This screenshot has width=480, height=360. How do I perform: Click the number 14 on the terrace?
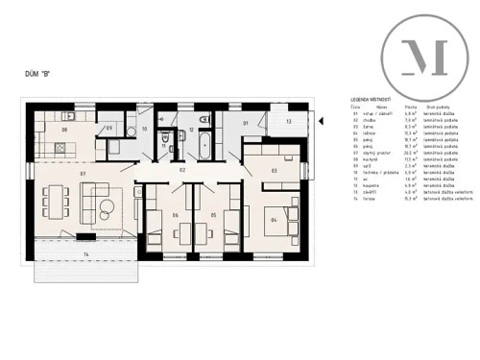click(85, 253)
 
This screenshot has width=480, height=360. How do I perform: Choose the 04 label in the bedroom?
click(275, 220)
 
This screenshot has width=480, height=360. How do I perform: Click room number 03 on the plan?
click(275, 171)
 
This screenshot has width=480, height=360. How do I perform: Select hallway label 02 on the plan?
click(182, 168)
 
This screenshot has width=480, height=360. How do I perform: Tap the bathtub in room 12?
click(204, 147)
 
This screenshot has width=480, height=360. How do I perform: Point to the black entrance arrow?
click(322, 120)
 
